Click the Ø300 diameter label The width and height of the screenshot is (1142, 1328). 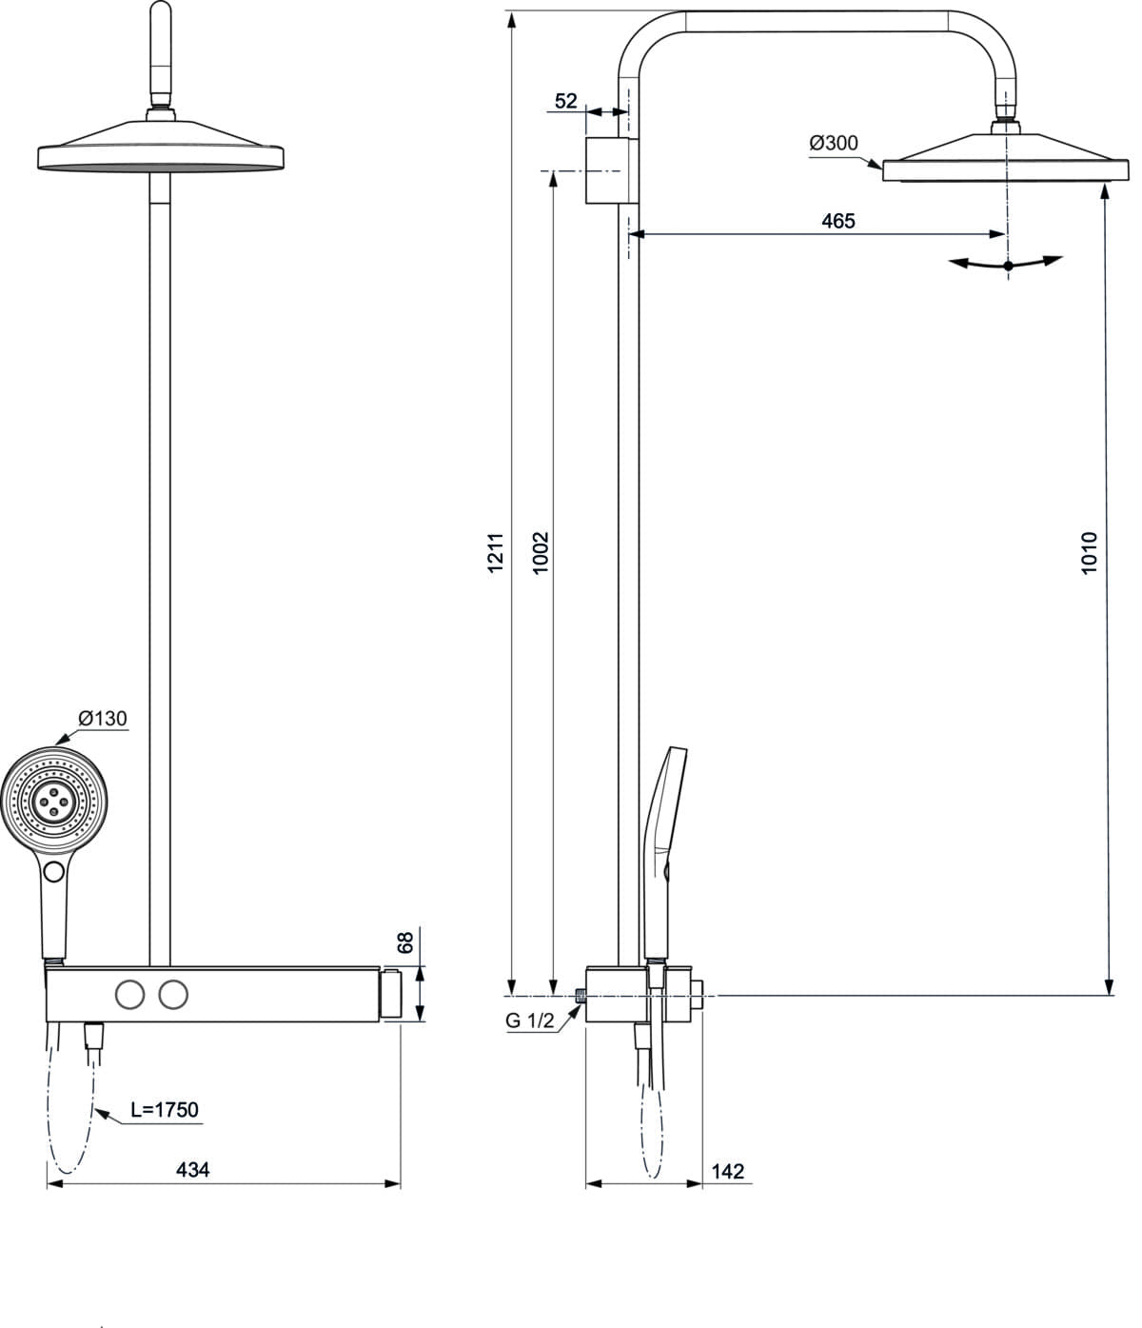(833, 143)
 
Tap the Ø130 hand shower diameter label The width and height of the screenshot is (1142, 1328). (102, 719)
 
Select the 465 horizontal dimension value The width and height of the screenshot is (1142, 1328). (838, 221)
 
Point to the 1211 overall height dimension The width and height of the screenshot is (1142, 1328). (495, 552)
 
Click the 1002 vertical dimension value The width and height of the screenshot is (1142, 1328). (541, 552)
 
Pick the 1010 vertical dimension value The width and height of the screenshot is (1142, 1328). (1090, 552)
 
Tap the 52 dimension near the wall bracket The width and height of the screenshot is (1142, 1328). (566, 101)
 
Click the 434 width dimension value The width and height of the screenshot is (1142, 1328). (192, 1170)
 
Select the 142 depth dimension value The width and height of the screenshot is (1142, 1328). (728, 1171)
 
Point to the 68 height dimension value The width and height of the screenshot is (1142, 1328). (405, 942)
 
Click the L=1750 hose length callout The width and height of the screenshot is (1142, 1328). (165, 1110)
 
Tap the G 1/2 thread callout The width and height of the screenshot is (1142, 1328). (529, 1021)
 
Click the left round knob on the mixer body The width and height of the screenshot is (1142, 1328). (129, 995)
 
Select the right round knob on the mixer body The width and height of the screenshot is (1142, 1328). (173, 995)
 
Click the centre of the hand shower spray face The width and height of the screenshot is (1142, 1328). (54, 802)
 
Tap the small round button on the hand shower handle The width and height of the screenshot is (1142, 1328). (54, 872)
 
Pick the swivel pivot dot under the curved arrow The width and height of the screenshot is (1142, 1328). (1008, 266)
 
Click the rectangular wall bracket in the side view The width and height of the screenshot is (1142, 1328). (612, 170)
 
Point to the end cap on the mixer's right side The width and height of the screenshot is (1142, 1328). (390, 995)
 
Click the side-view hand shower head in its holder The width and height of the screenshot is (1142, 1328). (665, 855)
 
